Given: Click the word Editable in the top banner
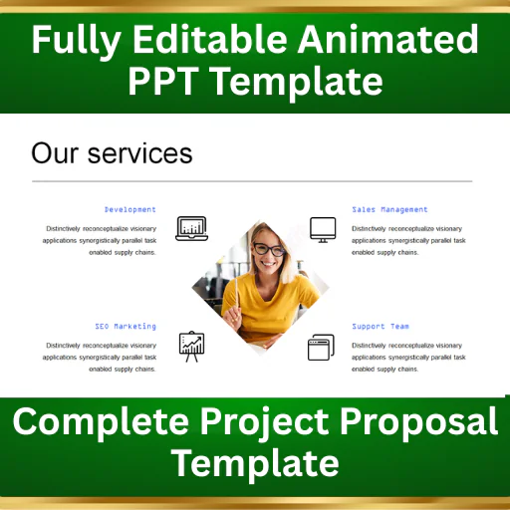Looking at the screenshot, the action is [x=210, y=39].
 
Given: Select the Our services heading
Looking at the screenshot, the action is [x=112, y=153].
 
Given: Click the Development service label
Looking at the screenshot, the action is [x=130, y=209].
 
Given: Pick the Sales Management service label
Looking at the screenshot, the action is [x=389, y=209].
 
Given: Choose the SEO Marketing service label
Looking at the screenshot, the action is [x=126, y=326].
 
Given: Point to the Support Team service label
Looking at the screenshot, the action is [x=381, y=326].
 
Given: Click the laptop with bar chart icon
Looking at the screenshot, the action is [x=191, y=228].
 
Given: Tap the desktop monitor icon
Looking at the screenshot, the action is [x=323, y=230].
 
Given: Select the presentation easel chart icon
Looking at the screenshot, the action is [x=191, y=347].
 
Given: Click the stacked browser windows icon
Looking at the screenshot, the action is [x=321, y=348].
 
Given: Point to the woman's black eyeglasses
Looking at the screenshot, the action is [x=269, y=249].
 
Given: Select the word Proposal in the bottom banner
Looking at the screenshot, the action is [x=419, y=422].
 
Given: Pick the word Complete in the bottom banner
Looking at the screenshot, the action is [x=101, y=421].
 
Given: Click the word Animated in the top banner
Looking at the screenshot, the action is [x=388, y=39].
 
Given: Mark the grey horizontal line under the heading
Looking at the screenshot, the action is [x=252, y=181].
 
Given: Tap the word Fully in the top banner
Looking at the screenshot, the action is [x=76, y=42].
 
